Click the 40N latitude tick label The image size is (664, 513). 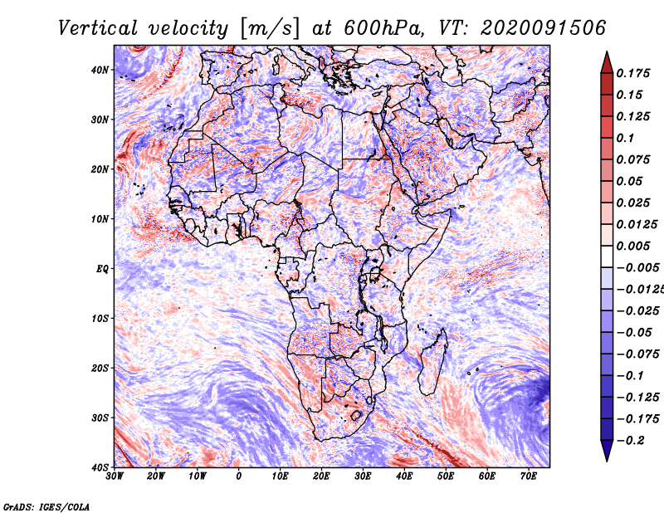click(100, 70)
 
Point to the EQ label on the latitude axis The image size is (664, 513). click(102, 269)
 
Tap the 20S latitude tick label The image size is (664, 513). click(100, 368)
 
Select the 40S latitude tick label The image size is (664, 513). click(100, 467)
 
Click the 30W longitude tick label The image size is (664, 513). click(115, 476)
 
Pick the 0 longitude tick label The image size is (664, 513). click(239, 476)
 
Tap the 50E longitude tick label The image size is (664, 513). click(446, 476)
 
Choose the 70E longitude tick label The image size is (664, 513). click(529, 476)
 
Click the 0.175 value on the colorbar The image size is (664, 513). click(633, 73)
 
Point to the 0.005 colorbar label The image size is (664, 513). click(633, 246)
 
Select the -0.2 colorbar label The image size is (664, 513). click(630, 441)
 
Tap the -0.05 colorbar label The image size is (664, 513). click(634, 333)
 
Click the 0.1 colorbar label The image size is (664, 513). click(626, 138)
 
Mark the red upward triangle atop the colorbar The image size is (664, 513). click(607, 63)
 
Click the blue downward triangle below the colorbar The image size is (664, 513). click(607, 451)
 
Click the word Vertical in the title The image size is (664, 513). click(98, 28)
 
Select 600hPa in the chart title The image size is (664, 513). click(384, 28)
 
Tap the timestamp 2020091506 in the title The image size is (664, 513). click(544, 28)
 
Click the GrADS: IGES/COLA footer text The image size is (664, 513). click(46, 507)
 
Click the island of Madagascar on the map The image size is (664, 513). click(432, 364)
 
